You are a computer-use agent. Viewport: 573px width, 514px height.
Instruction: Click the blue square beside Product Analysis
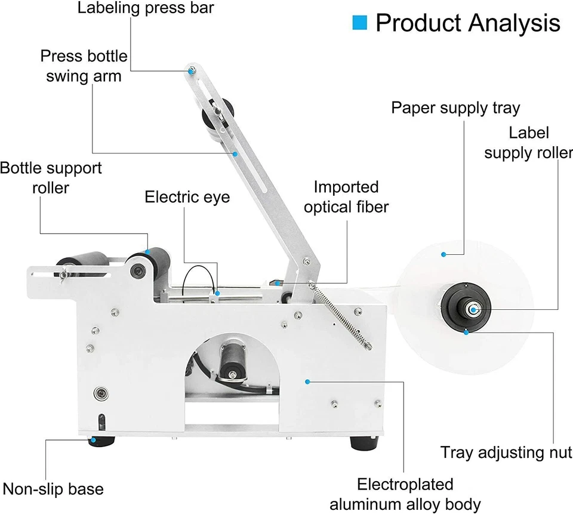tap(359, 23)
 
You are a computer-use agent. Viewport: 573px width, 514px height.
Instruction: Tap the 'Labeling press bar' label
tap(146, 8)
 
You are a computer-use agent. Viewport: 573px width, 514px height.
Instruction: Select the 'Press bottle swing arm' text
tap(84, 66)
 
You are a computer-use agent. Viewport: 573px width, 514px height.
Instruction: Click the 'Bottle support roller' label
tap(51, 178)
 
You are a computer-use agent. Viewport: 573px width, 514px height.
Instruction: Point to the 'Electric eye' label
tap(187, 197)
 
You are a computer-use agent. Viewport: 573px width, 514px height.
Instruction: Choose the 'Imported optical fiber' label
tap(346, 197)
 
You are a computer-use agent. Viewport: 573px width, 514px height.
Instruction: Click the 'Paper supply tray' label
tap(455, 108)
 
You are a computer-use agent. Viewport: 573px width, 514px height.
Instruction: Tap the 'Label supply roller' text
tap(528, 143)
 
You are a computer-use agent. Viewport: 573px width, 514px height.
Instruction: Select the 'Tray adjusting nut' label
tap(506, 452)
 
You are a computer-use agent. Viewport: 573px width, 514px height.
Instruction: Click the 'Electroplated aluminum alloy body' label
tap(405, 494)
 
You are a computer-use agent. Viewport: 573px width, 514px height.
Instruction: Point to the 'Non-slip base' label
tap(53, 489)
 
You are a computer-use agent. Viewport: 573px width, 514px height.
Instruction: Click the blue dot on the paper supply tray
tap(443, 254)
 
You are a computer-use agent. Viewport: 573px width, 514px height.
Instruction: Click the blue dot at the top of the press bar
tap(191, 71)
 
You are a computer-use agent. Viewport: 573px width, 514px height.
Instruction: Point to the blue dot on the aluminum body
tap(307, 380)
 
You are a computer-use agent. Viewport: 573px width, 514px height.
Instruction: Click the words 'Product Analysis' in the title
tap(468, 23)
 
